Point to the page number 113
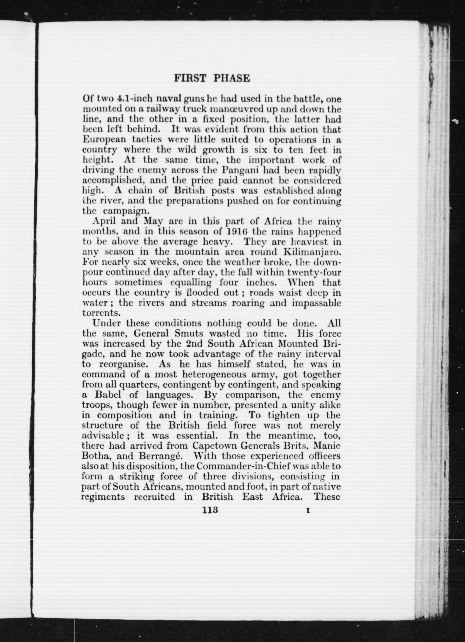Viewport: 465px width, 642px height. pyautogui.click(x=210, y=510)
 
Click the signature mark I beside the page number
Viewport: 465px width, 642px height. pyautogui.click(x=308, y=511)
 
